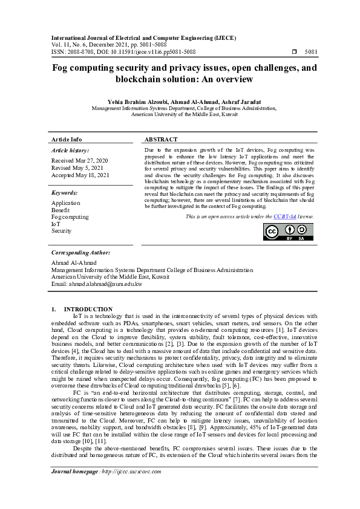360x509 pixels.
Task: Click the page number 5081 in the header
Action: pyautogui.click(x=310, y=53)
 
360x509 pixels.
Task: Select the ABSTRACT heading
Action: pyautogui.click(x=161, y=139)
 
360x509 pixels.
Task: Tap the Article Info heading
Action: pyautogui.click(x=67, y=139)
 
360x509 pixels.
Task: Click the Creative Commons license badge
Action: pyautogui.click(x=288, y=232)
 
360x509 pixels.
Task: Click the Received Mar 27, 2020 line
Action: pyautogui.click(x=80, y=161)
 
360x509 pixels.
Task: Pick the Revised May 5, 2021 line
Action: pyautogui.click(x=77, y=167)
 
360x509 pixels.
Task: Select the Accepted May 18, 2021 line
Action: pyautogui.click(x=80, y=175)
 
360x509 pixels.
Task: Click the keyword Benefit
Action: pyautogui.click(x=61, y=210)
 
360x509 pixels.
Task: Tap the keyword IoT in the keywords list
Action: pyautogui.click(x=56, y=224)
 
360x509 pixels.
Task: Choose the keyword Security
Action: pyautogui.click(x=61, y=230)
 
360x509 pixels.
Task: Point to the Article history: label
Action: pyautogui.click(x=70, y=150)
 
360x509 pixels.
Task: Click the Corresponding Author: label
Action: pyautogui.click(x=80, y=252)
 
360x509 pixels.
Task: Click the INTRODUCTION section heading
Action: pyautogui.click(x=88, y=309)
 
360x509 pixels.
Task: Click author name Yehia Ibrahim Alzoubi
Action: pyautogui.click(x=126, y=101)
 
